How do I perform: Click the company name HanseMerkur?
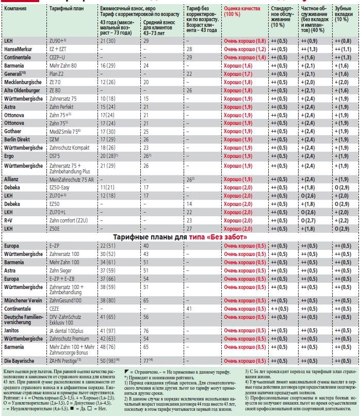(18, 49)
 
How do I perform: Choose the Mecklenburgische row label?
(22, 82)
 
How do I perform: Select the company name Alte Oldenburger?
(22, 90)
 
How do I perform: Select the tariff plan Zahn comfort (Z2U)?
(68, 220)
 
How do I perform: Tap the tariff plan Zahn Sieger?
(61, 270)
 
